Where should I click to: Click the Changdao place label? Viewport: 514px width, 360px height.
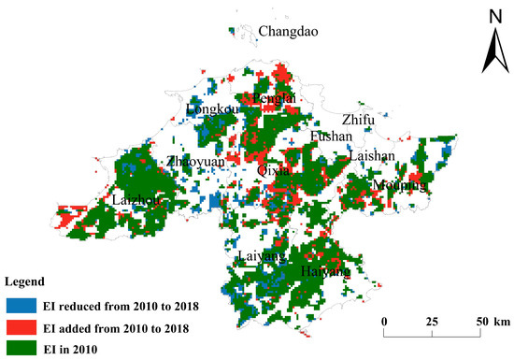tap(288, 33)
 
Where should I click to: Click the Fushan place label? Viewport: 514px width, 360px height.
tap(331, 137)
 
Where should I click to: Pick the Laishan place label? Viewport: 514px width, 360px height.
tap(373, 156)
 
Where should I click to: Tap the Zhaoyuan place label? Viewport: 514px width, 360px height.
tap(195, 163)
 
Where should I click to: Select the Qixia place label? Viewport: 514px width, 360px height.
tap(273, 170)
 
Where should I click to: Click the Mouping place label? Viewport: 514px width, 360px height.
tap(399, 185)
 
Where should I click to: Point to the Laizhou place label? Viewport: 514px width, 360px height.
tap(134, 200)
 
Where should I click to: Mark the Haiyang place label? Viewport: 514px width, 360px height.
tap(326, 271)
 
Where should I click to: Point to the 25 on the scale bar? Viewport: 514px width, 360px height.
tap(433, 323)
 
